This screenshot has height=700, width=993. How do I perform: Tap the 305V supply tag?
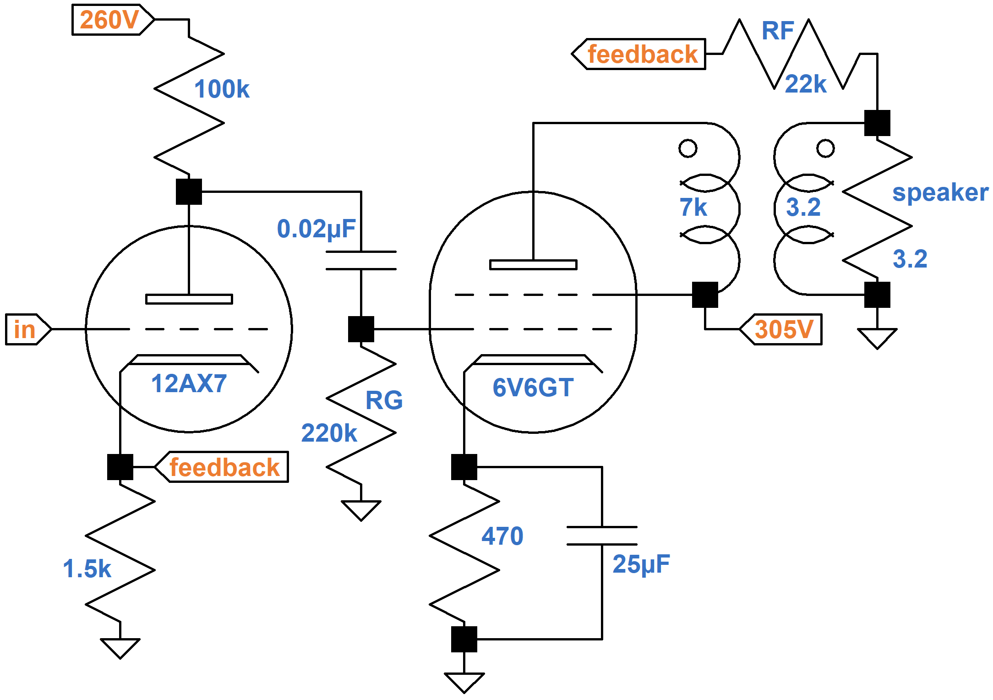(783, 329)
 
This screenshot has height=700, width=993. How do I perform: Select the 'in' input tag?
(25, 329)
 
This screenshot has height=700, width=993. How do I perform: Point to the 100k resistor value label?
(222, 89)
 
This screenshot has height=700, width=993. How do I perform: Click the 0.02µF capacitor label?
(316, 229)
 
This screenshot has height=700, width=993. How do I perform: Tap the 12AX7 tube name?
(189, 383)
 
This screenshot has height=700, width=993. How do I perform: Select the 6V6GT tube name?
(533, 388)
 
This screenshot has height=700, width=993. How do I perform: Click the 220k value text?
(329, 433)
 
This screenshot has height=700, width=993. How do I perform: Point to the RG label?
(384, 400)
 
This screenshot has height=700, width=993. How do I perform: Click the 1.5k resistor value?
(87, 569)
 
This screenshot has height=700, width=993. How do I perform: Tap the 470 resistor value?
(502, 536)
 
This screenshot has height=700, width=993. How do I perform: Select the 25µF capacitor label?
(641, 564)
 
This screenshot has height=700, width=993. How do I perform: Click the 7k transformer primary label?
(693, 207)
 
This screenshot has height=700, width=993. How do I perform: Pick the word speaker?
(940, 192)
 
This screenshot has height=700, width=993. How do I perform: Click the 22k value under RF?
(805, 84)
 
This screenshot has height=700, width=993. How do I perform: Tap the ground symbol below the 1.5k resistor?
(120, 647)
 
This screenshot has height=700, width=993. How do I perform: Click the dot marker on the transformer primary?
(687, 148)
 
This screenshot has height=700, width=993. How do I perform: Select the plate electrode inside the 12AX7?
(189, 299)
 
